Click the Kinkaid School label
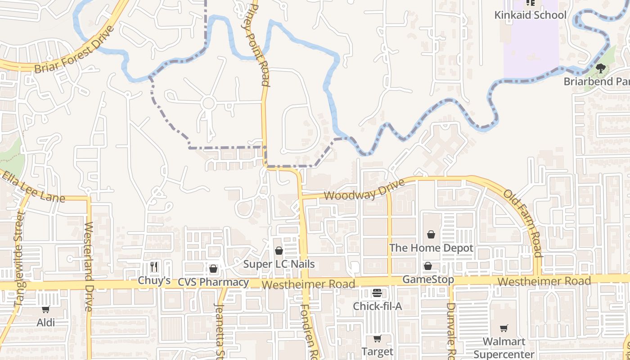tap(530, 15)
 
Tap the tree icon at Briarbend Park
tap(600, 68)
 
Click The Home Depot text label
tap(431, 248)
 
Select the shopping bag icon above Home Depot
tap(431, 234)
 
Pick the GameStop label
tap(427, 279)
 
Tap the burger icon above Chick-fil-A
tap(377, 293)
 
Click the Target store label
tap(377, 351)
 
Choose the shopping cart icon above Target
tap(377, 338)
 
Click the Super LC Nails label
tap(279, 264)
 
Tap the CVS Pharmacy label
tap(213, 282)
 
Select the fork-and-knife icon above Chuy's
tap(154, 267)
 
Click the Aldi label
tap(46, 322)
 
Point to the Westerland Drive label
tap(88, 265)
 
